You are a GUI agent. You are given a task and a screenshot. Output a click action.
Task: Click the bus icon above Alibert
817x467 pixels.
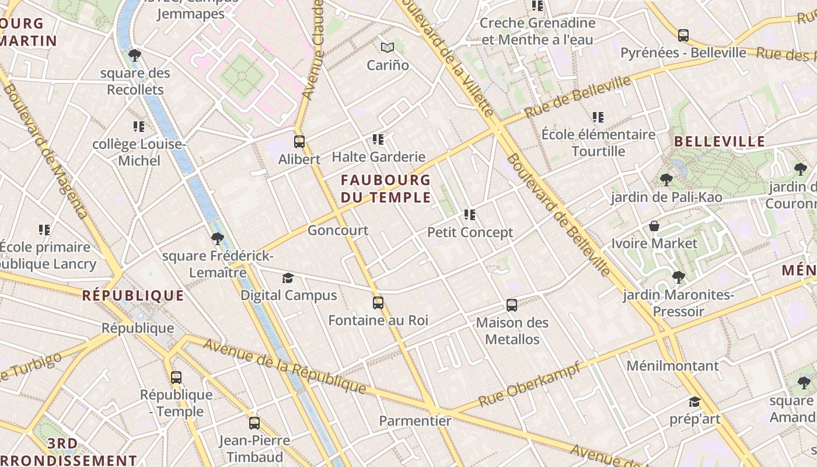click(299, 141)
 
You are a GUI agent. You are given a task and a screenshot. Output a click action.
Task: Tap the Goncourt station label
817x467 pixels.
click(338, 231)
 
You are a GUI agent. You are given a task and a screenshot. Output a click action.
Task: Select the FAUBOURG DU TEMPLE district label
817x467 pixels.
click(386, 189)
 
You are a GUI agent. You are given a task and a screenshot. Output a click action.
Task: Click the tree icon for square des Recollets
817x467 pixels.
click(135, 55)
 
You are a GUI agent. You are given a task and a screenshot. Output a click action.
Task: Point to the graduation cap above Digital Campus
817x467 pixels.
click(288, 278)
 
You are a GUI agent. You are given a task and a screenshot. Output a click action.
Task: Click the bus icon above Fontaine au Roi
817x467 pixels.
click(378, 303)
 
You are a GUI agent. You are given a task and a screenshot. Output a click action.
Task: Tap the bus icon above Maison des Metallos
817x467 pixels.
click(512, 305)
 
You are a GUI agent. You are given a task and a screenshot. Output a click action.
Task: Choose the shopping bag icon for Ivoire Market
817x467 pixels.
click(654, 226)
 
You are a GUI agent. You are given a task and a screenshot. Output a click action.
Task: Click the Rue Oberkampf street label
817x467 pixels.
click(529, 384)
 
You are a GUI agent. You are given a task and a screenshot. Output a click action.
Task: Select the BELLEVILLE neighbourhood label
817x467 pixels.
click(720, 141)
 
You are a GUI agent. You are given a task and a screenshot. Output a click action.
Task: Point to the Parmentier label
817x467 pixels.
click(415, 421)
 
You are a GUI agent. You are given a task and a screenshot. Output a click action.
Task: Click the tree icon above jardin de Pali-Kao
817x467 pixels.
click(666, 179)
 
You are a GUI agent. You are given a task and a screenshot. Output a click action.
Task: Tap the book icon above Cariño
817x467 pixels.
click(387, 47)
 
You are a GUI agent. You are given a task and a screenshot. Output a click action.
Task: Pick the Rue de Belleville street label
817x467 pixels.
click(578, 97)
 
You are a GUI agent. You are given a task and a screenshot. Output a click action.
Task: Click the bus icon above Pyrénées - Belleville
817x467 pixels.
click(683, 35)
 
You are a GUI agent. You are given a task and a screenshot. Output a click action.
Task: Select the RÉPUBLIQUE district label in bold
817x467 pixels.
click(133, 295)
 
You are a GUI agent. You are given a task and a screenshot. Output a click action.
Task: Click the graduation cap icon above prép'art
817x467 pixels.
click(694, 402)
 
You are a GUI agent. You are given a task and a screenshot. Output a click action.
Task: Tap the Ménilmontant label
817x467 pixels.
click(672, 366)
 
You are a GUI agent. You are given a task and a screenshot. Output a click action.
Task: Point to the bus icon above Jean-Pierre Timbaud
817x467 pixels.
click(254, 423)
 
